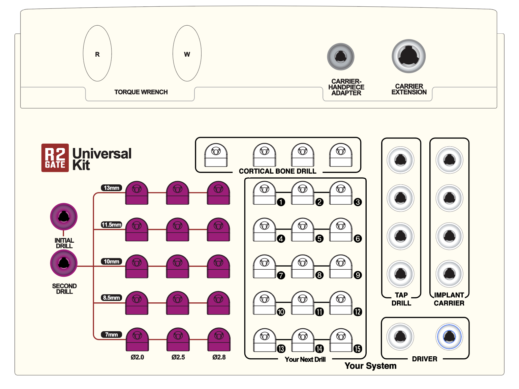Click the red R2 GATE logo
(55, 158)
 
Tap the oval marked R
(97, 54)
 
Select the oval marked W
(187, 54)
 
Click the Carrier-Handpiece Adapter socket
(341, 57)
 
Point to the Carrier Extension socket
(409, 56)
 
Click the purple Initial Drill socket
(64, 216)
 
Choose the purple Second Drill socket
(64, 263)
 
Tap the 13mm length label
(112, 188)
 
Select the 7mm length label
(112, 335)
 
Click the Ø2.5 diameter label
(178, 357)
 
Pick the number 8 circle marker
(319, 275)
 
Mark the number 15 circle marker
(358, 349)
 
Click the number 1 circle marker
(281, 202)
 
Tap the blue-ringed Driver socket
(449, 336)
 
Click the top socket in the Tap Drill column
(401, 160)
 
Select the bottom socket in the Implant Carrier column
(449, 274)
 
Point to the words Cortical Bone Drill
(277, 171)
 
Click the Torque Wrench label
(141, 92)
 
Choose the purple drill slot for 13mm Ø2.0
(137, 193)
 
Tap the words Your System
(370, 366)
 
